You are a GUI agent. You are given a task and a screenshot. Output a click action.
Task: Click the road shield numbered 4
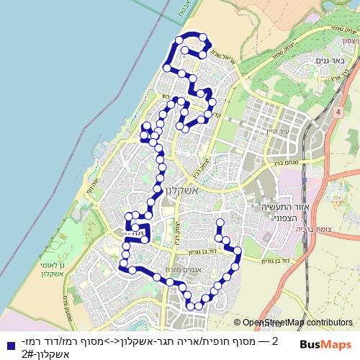[336, 113]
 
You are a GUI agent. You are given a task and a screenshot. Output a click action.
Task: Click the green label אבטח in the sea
[178, 12]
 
